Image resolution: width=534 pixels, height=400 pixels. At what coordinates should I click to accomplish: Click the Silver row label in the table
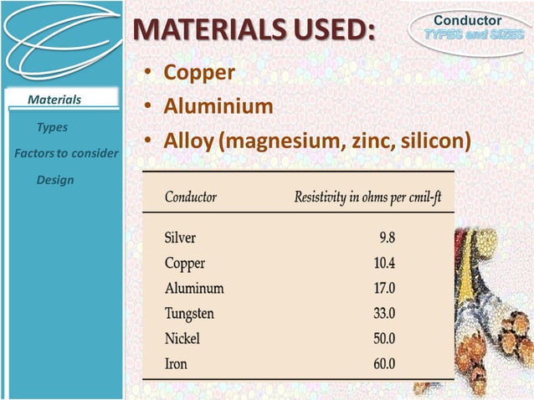pyautogui.click(x=181, y=237)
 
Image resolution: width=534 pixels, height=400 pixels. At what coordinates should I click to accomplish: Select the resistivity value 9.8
pyautogui.click(x=385, y=237)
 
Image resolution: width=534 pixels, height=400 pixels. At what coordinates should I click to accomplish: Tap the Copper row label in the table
pyautogui.click(x=185, y=263)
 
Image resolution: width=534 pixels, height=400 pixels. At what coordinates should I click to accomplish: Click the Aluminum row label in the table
pyautogui.click(x=194, y=288)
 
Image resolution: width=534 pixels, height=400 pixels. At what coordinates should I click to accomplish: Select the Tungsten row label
pyautogui.click(x=189, y=314)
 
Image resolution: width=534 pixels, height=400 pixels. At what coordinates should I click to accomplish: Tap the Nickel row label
pyautogui.click(x=182, y=339)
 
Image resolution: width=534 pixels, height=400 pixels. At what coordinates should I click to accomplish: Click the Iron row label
pyautogui.click(x=175, y=364)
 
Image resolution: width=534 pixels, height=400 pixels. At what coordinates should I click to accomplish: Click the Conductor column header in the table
pyautogui.click(x=191, y=197)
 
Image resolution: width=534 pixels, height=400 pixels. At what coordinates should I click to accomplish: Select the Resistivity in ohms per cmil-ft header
pyautogui.click(x=367, y=197)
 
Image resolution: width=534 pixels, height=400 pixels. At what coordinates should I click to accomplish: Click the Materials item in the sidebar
pyautogui.click(x=54, y=100)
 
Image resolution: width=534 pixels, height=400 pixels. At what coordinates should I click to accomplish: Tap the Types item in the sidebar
pyautogui.click(x=52, y=127)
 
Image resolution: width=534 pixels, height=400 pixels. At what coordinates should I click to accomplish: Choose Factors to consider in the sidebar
pyautogui.click(x=66, y=154)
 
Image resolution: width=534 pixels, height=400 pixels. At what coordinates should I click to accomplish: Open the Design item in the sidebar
pyautogui.click(x=55, y=180)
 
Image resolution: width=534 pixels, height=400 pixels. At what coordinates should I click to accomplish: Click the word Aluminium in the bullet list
pyautogui.click(x=218, y=107)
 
